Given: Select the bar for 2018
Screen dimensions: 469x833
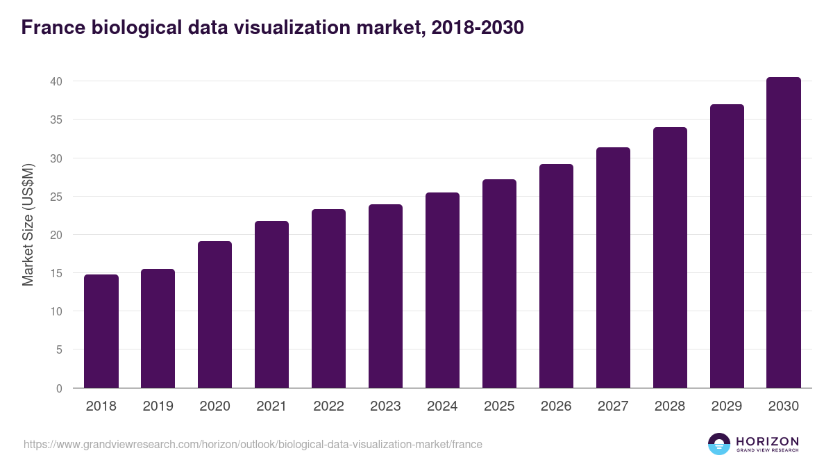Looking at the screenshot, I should click(x=101, y=331).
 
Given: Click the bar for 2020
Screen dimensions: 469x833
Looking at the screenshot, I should click(x=214, y=315).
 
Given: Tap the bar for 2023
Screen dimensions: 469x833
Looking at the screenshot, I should click(x=385, y=296).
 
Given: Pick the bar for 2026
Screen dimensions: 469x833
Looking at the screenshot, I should click(x=556, y=276).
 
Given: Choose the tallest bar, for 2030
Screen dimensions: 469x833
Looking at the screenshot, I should click(x=784, y=233).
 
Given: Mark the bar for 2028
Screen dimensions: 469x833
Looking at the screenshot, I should click(x=670, y=258).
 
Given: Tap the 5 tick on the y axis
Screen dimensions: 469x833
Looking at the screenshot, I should click(x=59, y=350).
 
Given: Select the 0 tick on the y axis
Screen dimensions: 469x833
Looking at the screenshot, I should click(x=59, y=388).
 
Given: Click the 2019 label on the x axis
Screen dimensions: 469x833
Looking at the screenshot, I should click(x=158, y=406).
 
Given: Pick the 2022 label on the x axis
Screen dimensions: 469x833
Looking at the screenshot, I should click(x=329, y=406).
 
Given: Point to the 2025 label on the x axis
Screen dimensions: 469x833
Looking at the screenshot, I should click(x=499, y=406).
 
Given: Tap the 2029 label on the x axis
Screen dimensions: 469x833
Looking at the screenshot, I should click(x=727, y=406).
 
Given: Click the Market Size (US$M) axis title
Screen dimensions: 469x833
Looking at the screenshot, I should click(x=28, y=225).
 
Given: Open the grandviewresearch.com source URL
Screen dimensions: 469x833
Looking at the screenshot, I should click(x=253, y=444).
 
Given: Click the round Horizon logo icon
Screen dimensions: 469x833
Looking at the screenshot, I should click(x=719, y=444).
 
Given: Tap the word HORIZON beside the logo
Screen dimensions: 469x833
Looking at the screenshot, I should click(x=767, y=441).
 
